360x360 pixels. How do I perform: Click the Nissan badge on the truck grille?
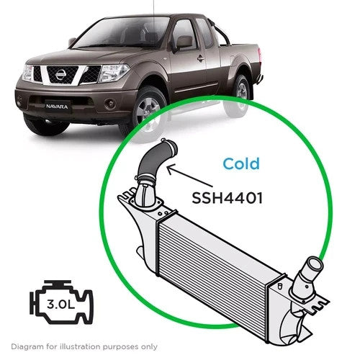(x=60, y=74)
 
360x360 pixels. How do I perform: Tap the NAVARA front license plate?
(x=57, y=107)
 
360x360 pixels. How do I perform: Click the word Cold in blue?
(x=241, y=163)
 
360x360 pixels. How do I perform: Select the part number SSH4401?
(x=227, y=198)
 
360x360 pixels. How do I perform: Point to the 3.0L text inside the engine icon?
(x=61, y=305)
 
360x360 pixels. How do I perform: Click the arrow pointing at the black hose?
(x=189, y=176)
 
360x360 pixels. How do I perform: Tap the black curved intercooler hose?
(x=156, y=161)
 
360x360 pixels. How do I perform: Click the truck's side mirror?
(x=184, y=43)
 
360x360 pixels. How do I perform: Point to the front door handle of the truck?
(x=201, y=58)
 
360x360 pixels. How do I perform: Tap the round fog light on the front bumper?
(x=111, y=104)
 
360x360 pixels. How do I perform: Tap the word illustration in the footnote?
(x=81, y=346)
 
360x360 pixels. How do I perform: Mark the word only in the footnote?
(x=150, y=347)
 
